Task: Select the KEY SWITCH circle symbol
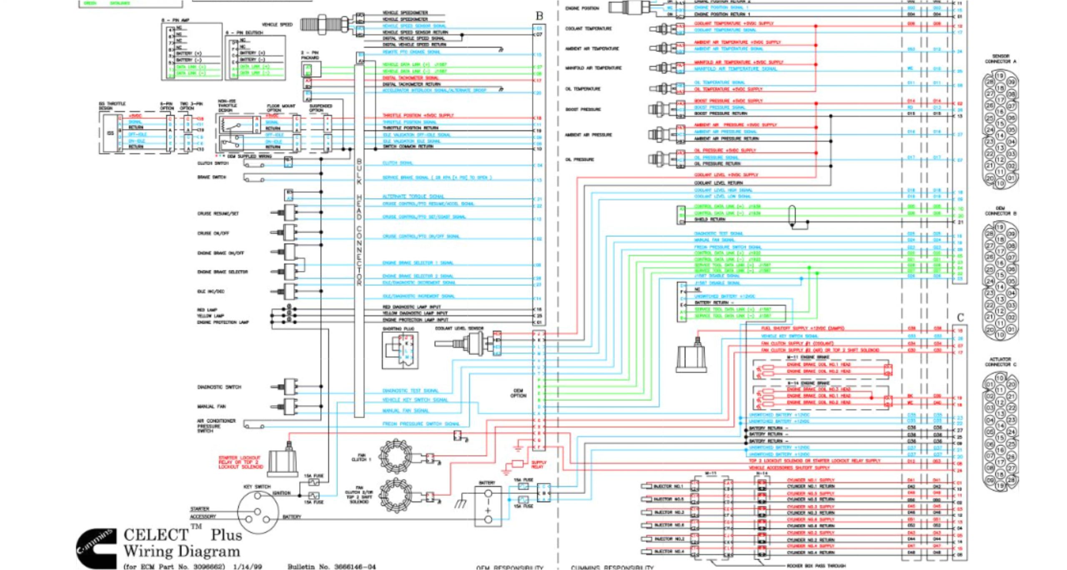click(257, 512)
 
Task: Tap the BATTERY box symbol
click(488, 506)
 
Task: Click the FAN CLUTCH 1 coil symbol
click(396, 456)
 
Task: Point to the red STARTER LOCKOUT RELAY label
click(240, 462)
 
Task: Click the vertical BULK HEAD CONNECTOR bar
click(359, 238)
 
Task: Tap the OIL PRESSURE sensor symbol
click(663, 159)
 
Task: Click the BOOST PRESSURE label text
click(583, 109)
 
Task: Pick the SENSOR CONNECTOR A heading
click(1001, 59)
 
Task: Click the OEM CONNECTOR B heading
click(1001, 211)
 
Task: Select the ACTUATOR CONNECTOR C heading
click(1001, 362)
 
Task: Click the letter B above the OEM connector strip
click(539, 16)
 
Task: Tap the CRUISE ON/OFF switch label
click(213, 233)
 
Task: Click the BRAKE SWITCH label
click(211, 177)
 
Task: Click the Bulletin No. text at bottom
click(331, 566)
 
